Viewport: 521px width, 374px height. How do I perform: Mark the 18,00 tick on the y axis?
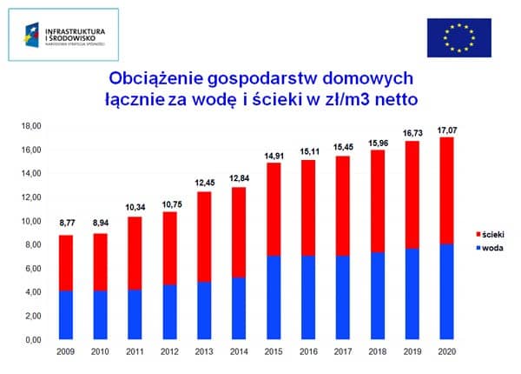point(30,125)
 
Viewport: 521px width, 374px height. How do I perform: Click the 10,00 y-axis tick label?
point(30,221)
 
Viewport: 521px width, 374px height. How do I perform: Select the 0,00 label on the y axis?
point(32,339)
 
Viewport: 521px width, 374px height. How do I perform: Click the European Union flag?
point(458,37)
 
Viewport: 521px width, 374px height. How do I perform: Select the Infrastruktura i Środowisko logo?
point(69,34)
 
